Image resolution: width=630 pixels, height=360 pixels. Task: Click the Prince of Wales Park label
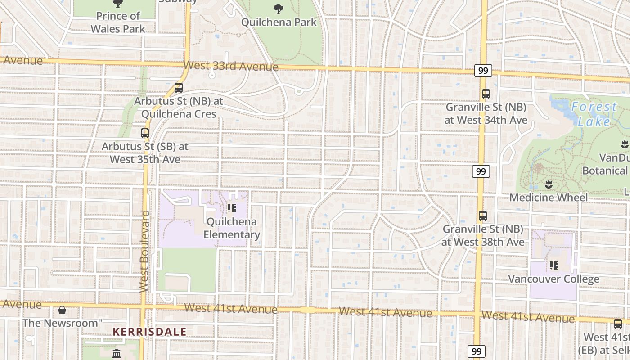(118, 22)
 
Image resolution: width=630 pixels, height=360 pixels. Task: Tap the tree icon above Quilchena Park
(279, 8)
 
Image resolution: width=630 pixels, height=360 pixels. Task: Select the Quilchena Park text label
(279, 22)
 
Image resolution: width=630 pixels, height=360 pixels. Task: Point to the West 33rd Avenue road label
(231, 66)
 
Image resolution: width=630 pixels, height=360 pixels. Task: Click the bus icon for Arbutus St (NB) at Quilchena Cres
(179, 88)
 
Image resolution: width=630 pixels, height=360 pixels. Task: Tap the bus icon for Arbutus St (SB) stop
(144, 133)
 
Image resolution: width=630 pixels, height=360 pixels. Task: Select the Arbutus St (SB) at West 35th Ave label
(145, 153)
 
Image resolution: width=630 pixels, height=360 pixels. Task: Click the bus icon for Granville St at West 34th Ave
(486, 94)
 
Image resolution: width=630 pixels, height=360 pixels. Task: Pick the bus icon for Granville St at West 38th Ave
(483, 216)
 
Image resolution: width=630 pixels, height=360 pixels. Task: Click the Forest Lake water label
(594, 114)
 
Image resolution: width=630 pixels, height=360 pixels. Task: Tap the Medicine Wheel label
(549, 198)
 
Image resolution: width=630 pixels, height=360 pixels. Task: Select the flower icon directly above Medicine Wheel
(549, 184)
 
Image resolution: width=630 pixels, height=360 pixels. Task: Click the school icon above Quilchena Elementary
(232, 208)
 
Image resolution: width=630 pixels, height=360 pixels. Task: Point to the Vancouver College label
(553, 279)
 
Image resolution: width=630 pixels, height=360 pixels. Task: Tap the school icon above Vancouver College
(553, 265)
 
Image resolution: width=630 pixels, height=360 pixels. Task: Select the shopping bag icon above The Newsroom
(62, 310)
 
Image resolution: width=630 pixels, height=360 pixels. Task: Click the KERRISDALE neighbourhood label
(149, 332)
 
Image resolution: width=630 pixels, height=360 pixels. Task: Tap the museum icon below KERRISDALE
(117, 353)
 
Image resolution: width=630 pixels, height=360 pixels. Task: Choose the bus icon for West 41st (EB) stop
(618, 324)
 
